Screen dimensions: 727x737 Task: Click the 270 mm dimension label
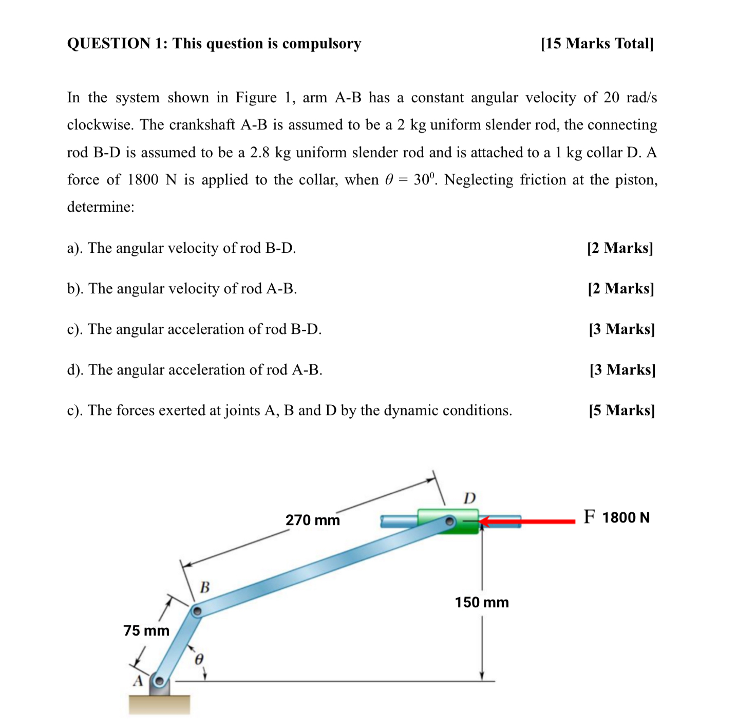click(x=313, y=520)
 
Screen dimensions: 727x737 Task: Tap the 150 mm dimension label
click(x=481, y=602)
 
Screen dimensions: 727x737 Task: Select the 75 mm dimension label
click(x=146, y=630)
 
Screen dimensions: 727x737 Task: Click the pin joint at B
click(x=196, y=611)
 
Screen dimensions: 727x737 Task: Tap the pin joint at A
click(x=159, y=682)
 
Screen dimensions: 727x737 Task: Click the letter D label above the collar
click(x=469, y=498)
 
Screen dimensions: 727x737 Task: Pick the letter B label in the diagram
click(x=204, y=587)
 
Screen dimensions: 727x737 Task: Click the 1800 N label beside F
click(x=626, y=517)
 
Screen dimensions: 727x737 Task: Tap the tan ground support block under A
click(x=159, y=704)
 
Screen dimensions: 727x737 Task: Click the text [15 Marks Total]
click(x=597, y=44)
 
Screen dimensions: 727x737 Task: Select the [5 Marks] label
click(x=621, y=411)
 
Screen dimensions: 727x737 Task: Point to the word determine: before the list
click(x=101, y=207)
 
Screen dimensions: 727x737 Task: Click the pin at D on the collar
click(x=449, y=522)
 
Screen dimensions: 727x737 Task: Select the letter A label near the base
click(x=138, y=681)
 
